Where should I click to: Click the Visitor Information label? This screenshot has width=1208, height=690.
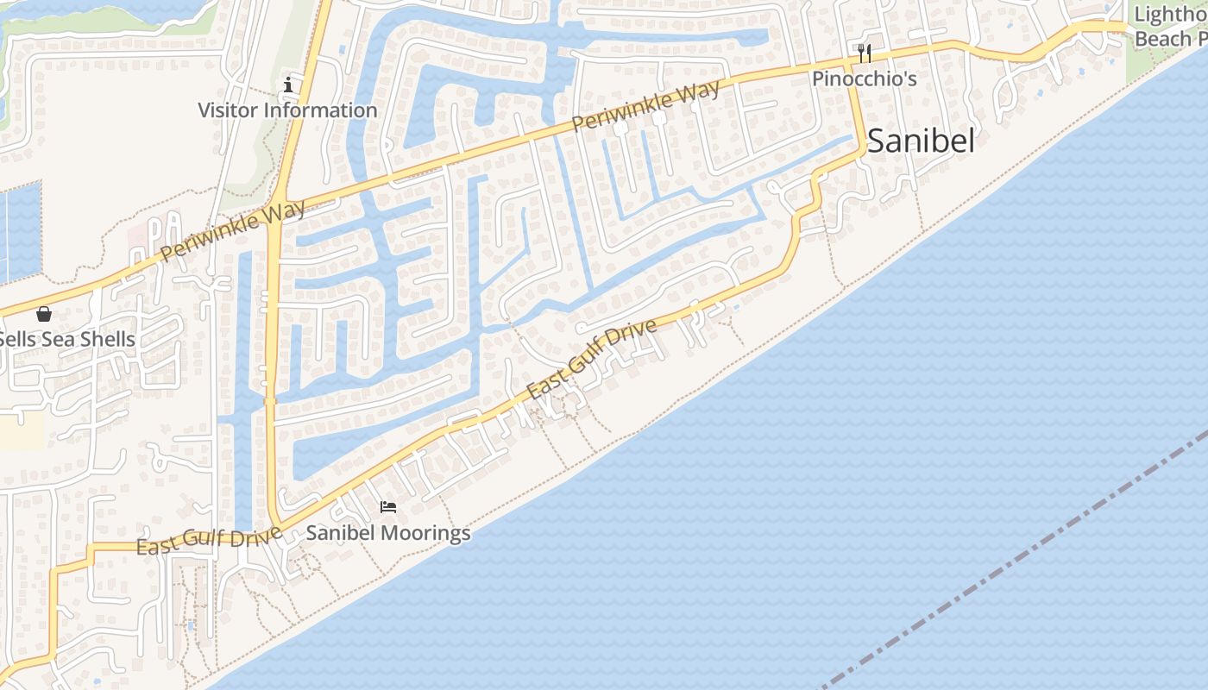pyautogui.click(x=287, y=110)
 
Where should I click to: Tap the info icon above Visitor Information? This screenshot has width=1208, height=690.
pyautogui.click(x=288, y=85)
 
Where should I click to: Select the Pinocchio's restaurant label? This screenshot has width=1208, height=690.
pyautogui.click(x=864, y=78)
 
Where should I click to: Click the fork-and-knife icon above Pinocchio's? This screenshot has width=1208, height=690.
pyautogui.click(x=865, y=53)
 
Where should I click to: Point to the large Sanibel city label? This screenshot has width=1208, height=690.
pyautogui.click(x=921, y=141)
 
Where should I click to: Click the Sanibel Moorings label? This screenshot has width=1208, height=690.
pyautogui.click(x=388, y=533)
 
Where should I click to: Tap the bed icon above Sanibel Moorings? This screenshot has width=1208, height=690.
pyautogui.click(x=388, y=507)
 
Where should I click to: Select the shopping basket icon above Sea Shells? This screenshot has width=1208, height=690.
pyautogui.click(x=44, y=314)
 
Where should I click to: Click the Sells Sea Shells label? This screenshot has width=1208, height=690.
pyautogui.click(x=67, y=340)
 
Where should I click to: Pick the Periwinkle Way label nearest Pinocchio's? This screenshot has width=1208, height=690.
pyautogui.click(x=645, y=107)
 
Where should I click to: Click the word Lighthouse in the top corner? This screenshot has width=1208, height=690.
pyautogui.click(x=1169, y=16)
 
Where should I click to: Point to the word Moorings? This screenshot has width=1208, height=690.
pyautogui.click(x=427, y=533)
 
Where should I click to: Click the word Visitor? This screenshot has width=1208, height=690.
pyautogui.click(x=229, y=110)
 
